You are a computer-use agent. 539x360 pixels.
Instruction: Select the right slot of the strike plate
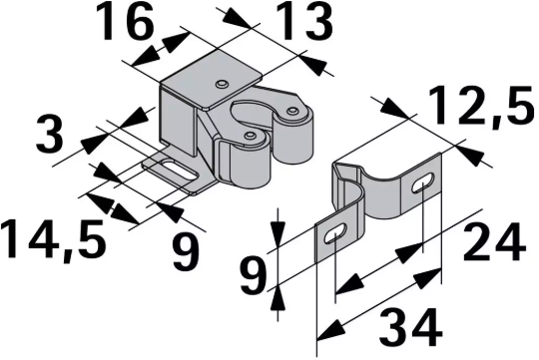pyautogui.click(x=423, y=183)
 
